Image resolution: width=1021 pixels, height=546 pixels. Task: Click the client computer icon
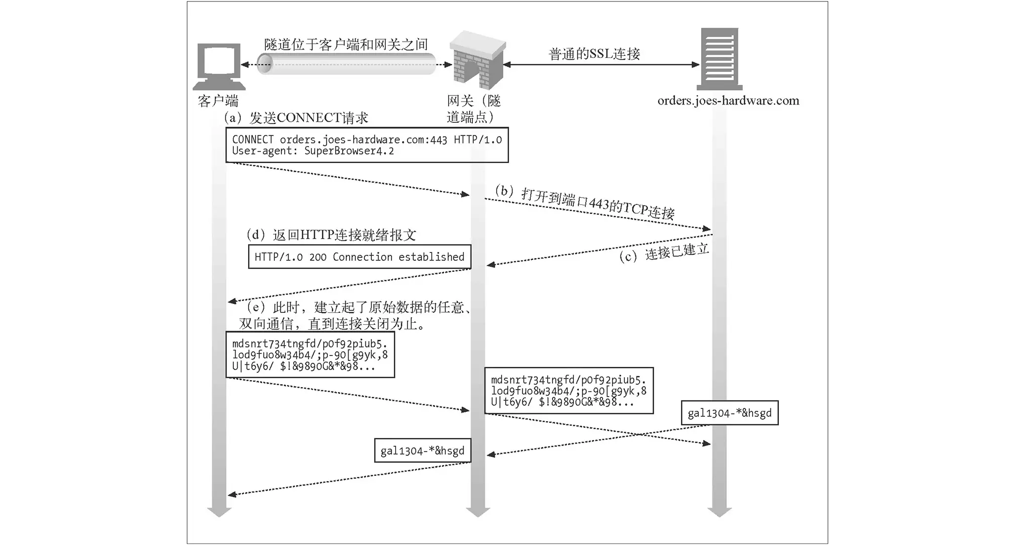coord(218,66)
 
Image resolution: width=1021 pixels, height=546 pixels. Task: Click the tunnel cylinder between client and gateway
coord(346,64)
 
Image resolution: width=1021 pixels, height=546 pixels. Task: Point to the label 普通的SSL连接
coord(594,54)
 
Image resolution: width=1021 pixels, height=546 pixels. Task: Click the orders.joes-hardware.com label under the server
coord(728,101)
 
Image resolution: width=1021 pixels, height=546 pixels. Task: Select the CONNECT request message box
coord(367,145)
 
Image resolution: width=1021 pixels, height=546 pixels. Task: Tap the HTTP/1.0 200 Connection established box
coord(359,257)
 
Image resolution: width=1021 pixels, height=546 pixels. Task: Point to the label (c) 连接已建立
coord(664,253)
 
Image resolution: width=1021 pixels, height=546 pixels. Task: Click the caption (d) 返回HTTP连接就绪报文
coord(331,235)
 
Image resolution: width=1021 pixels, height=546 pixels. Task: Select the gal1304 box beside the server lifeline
coord(729,413)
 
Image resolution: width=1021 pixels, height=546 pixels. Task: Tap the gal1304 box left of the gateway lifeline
coord(422,450)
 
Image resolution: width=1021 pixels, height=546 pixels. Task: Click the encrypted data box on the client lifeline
coord(310,355)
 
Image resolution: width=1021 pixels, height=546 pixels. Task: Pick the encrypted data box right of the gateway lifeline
coord(569,391)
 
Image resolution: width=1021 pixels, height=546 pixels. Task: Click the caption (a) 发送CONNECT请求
coord(296,118)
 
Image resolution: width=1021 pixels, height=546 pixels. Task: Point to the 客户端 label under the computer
coord(218,101)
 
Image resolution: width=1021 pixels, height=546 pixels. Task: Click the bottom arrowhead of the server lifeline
coord(719,512)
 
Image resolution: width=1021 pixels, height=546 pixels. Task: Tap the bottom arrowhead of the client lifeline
coord(219,512)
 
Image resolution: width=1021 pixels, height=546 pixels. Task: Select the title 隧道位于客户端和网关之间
coord(346,45)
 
